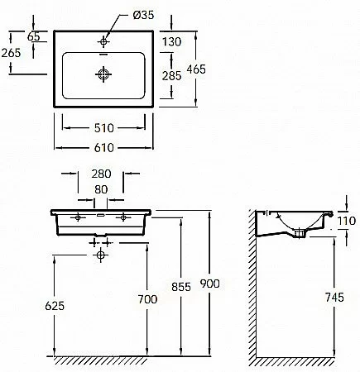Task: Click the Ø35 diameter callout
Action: tap(143, 15)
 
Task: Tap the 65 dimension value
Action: tap(34, 36)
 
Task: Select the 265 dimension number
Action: tap(11, 53)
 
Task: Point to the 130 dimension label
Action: tap(171, 42)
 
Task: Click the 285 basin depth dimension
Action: tap(171, 76)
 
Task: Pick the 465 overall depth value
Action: tap(196, 69)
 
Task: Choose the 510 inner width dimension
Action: tap(104, 128)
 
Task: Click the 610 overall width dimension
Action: tap(104, 148)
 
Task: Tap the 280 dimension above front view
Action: tap(101, 174)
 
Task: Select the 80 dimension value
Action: tap(101, 189)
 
